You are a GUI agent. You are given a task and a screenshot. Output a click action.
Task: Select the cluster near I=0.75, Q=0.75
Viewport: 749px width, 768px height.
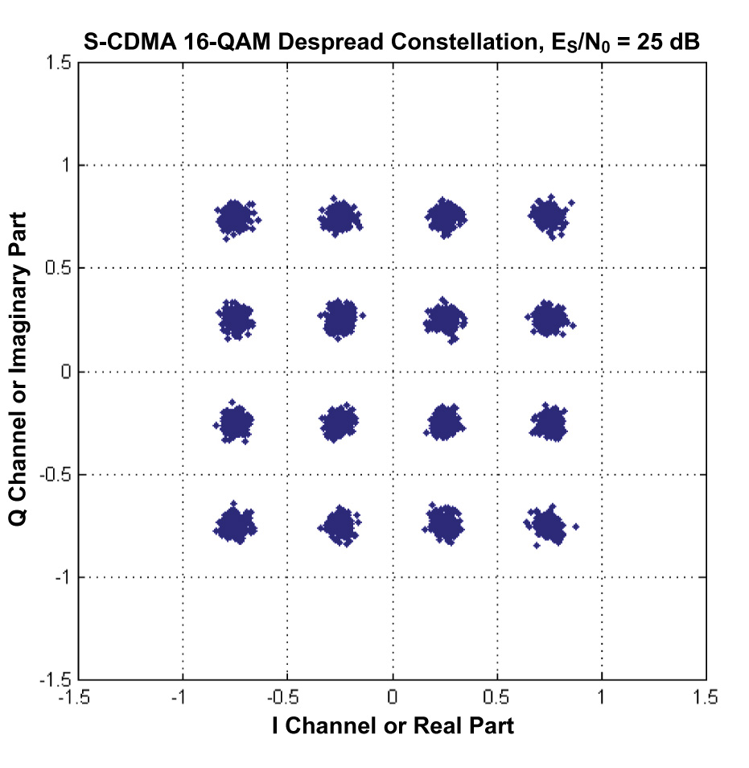tap(549, 217)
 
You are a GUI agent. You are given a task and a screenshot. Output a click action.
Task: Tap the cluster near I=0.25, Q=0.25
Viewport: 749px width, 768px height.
tap(445, 320)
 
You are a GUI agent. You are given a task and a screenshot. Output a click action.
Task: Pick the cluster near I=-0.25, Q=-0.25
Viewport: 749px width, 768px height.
tap(340, 423)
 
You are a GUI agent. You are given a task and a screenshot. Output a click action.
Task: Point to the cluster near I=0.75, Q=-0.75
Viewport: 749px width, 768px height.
tap(550, 526)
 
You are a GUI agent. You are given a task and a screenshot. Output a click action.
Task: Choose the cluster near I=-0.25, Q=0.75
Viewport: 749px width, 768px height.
tap(340, 217)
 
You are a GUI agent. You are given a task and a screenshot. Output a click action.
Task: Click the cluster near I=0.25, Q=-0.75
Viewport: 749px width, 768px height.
tap(445, 524)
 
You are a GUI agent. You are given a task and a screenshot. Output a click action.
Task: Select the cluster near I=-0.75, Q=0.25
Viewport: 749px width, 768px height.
tap(235, 320)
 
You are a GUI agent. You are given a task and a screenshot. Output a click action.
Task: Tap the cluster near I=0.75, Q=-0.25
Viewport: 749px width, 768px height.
tap(550, 423)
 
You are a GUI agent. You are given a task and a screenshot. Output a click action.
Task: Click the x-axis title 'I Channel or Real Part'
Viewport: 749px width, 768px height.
tap(393, 725)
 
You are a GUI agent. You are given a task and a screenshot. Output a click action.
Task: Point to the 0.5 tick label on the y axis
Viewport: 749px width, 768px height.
tap(60, 268)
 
